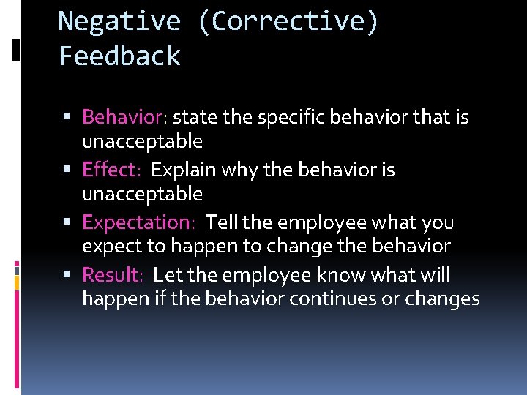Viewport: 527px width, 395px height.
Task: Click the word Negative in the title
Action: click(119, 21)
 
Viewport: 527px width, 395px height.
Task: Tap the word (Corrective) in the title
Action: click(288, 22)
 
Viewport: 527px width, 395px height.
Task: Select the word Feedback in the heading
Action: click(119, 56)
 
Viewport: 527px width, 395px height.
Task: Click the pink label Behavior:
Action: click(125, 117)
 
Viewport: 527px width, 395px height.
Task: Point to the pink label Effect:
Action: click(111, 170)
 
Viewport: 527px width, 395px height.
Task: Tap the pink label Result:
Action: click(113, 275)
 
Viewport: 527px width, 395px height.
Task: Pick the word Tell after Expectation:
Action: click(222, 222)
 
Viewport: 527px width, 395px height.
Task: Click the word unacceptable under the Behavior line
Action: click(142, 140)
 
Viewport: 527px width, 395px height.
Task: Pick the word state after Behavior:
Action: click(192, 117)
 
